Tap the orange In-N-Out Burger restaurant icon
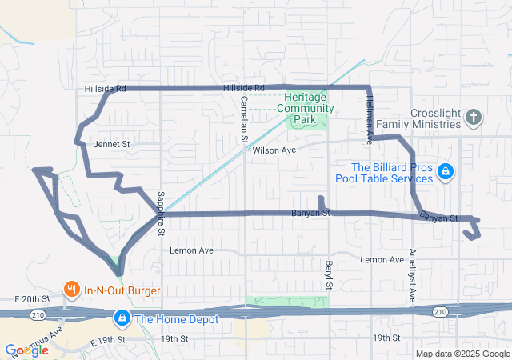(x=72, y=290)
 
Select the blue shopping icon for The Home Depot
(x=122, y=318)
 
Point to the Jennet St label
(x=111, y=145)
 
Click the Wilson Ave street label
(x=274, y=150)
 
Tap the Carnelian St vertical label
(x=244, y=120)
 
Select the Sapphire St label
(x=160, y=213)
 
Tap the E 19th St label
(x=110, y=341)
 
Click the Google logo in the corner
(x=26, y=350)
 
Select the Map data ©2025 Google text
(x=462, y=354)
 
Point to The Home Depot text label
(x=174, y=319)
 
